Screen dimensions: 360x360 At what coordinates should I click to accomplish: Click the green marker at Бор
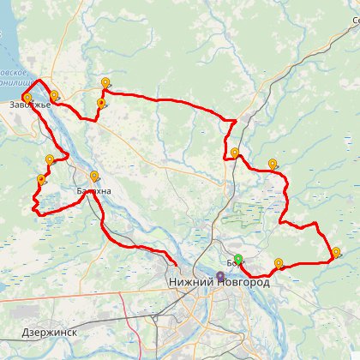tap(238, 260)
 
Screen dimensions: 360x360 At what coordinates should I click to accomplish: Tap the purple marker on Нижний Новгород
tap(220, 277)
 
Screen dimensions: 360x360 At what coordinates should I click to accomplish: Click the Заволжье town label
tap(30, 105)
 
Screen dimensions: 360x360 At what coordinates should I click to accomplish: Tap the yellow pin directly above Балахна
tap(93, 177)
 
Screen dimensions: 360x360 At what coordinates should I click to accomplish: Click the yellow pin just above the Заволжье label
tap(27, 98)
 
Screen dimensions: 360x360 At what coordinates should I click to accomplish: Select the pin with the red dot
tap(101, 104)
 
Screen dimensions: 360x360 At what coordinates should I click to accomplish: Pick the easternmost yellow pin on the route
tap(336, 252)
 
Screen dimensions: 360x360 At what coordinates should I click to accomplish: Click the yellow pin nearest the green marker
tap(279, 263)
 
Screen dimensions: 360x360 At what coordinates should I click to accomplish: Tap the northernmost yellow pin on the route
tap(105, 83)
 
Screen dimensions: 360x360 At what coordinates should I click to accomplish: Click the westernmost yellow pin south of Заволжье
tap(41, 179)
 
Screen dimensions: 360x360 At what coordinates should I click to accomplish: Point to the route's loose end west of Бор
tap(177, 264)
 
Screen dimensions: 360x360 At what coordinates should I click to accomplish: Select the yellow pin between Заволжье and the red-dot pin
tap(54, 95)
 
